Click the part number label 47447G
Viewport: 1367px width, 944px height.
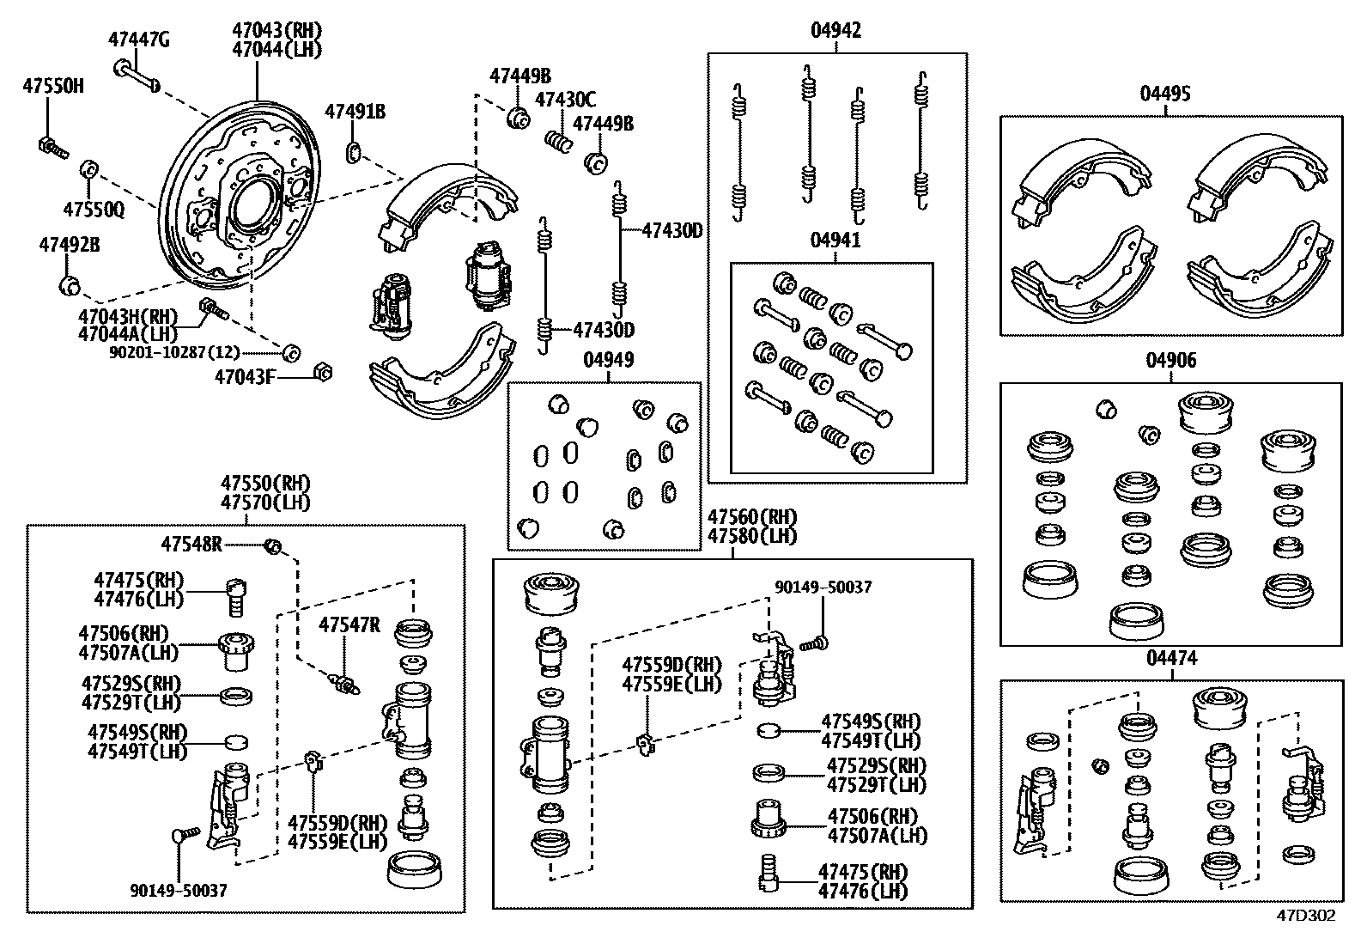[138, 39]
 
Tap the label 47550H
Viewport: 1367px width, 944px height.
[53, 85]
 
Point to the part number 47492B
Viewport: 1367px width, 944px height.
[69, 245]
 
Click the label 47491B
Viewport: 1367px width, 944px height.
[355, 111]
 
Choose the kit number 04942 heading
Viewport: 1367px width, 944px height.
[835, 32]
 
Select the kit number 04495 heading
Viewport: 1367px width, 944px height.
[1165, 94]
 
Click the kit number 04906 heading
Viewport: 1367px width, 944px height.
[1170, 361]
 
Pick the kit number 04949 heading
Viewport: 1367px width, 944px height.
[608, 360]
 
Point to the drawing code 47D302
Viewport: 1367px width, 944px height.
[1305, 916]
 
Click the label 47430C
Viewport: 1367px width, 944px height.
[565, 100]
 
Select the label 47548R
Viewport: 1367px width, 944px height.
[191, 544]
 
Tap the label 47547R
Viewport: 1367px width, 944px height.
[349, 624]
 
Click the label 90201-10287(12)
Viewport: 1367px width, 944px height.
[174, 352]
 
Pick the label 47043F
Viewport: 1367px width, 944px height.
[245, 376]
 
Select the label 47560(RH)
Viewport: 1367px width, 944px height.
[751, 518]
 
